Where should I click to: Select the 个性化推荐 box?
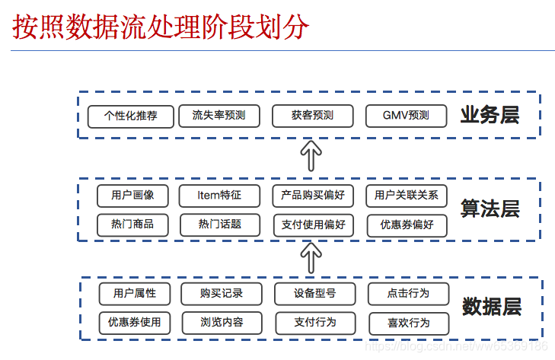point(131,116)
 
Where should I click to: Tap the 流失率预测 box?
point(219,116)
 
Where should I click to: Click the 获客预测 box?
point(312,116)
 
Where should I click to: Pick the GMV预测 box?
point(407,116)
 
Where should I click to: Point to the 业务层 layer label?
point(490,116)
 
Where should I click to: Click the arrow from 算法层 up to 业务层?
point(310,156)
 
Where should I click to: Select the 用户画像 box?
point(132,196)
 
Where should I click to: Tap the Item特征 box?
point(219,196)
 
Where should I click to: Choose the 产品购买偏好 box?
point(313,196)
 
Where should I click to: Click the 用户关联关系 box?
point(407,196)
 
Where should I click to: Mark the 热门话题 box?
point(219,225)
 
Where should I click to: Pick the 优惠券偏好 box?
point(407,225)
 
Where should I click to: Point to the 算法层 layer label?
point(490,209)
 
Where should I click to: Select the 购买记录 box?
point(222,293)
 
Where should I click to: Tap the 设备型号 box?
point(314,293)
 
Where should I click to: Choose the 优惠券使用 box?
point(135,322)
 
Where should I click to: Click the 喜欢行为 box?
point(408,323)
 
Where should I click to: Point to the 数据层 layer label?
point(492,307)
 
